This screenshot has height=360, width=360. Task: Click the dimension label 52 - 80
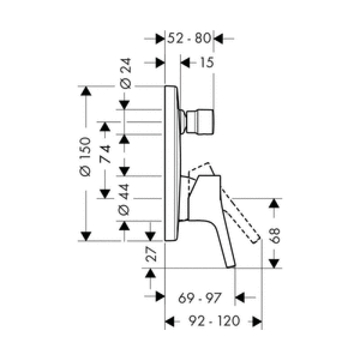(189, 38)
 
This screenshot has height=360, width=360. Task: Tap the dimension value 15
(207, 62)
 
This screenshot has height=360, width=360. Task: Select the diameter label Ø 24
(126, 73)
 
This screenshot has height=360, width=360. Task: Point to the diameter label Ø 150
(85, 157)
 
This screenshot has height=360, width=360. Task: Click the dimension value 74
(105, 154)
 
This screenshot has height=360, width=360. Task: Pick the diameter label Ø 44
(124, 199)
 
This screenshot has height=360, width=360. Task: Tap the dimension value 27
(151, 254)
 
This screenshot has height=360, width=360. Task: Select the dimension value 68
(274, 235)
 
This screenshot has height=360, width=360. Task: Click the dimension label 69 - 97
(200, 298)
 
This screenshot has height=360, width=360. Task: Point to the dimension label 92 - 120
(214, 321)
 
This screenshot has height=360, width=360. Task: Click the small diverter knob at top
(200, 121)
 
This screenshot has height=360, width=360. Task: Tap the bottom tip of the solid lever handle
(231, 266)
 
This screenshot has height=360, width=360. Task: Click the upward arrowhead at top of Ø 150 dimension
(86, 91)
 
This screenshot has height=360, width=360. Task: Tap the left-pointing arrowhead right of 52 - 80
(218, 39)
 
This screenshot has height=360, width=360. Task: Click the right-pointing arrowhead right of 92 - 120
(257, 321)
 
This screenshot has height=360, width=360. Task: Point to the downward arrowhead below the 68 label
(274, 263)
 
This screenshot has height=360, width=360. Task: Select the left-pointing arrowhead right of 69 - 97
(240, 297)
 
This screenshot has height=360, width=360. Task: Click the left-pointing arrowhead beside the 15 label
(185, 63)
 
